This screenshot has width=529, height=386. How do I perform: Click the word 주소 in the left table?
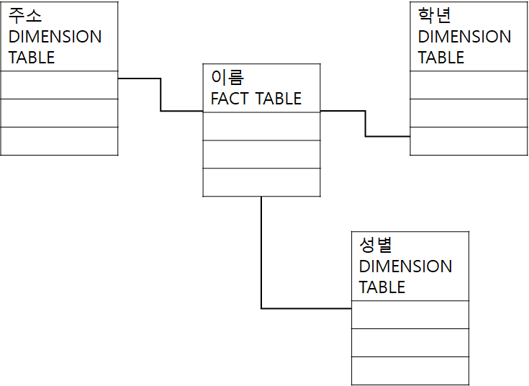[x=25, y=16]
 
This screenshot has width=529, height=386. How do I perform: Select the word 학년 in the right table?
[x=435, y=16]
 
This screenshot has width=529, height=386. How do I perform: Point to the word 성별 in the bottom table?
[x=375, y=246]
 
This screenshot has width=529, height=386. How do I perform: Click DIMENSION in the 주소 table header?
[x=55, y=37]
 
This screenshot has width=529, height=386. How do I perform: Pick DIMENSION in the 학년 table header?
[x=464, y=37]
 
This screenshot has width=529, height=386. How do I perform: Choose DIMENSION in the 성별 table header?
[x=405, y=266]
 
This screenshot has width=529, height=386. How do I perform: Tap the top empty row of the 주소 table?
[x=59, y=85]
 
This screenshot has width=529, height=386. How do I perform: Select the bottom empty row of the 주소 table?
[x=59, y=141]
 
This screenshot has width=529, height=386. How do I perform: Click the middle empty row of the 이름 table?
[x=261, y=154]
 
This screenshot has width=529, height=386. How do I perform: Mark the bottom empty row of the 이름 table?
[x=261, y=182]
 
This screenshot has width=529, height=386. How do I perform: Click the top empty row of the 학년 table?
[x=469, y=85]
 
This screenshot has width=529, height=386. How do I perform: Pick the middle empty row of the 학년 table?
[x=469, y=113]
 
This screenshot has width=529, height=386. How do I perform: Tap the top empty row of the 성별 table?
[x=410, y=315]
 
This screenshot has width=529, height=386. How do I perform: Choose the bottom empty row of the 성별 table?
[x=410, y=371]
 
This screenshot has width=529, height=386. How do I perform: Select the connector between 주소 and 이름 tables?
[x=160, y=94]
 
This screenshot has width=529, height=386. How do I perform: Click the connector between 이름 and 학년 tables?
[x=366, y=123]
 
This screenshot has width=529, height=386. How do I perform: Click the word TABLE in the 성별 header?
[x=382, y=287]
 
